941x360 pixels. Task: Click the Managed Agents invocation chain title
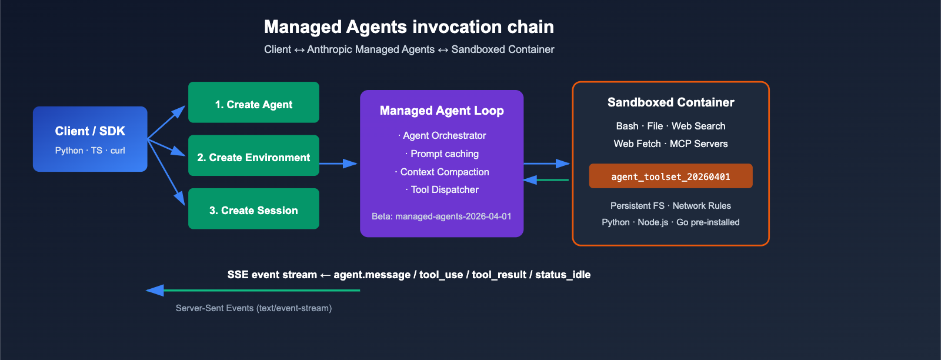click(409, 27)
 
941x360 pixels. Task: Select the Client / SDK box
click(90, 139)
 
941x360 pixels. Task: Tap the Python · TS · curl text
click(90, 151)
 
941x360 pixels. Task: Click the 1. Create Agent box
click(253, 103)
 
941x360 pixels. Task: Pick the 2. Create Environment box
click(253, 156)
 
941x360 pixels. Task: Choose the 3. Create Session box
click(253, 209)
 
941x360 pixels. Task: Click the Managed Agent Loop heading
click(442, 111)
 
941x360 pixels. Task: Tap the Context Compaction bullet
click(443, 172)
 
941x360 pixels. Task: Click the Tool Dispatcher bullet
click(443, 190)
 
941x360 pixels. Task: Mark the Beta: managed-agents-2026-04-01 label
click(442, 216)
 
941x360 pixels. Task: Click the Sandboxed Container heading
click(670, 102)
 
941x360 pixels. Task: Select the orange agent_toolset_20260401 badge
click(670, 176)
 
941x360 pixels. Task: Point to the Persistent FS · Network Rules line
click(670, 206)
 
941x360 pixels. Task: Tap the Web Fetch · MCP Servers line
click(670, 144)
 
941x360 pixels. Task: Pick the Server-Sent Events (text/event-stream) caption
click(253, 308)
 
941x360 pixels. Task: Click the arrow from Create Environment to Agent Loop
click(338, 164)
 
